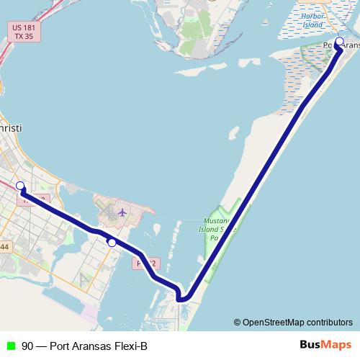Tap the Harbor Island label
(313, 20)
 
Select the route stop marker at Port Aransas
(339, 41)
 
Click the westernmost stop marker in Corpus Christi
(20, 186)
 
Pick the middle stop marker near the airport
(112, 243)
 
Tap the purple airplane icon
(122, 212)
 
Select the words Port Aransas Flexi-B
(99, 346)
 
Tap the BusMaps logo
(325, 345)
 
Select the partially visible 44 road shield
(4, 247)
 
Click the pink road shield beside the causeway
(145, 264)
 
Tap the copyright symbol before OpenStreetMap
(237, 322)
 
